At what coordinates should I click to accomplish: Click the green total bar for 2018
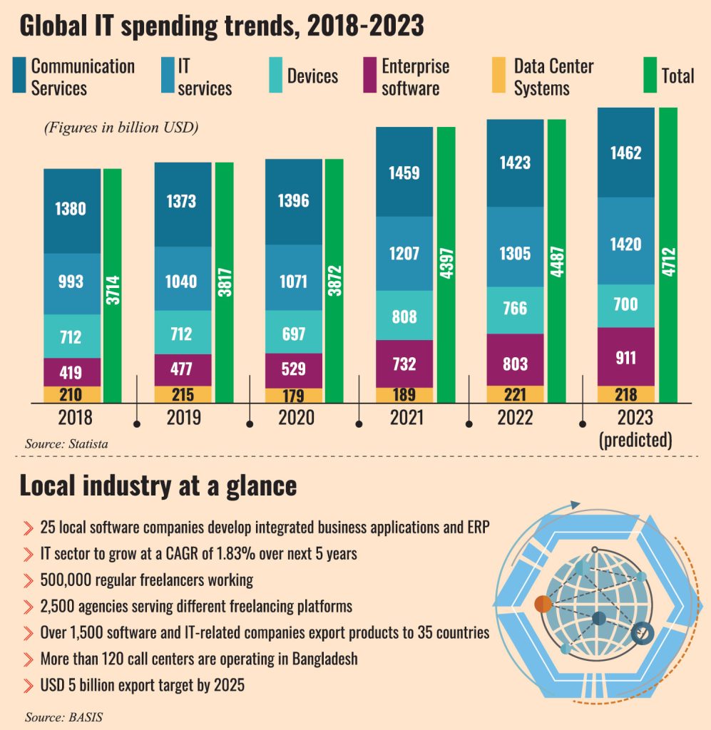pyautogui.click(x=112, y=285)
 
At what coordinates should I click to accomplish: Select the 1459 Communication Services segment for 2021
pyautogui.click(x=404, y=172)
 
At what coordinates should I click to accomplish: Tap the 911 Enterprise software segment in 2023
pyautogui.click(x=625, y=356)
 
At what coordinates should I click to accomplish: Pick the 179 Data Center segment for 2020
pyautogui.click(x=293, y=396)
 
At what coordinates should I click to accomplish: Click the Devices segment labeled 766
pyautogui.click(x=515, y=308)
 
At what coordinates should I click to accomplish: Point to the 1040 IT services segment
pyautogui.click(x=183, y=281)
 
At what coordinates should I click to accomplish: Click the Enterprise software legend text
pyautogui.click(x=415, y=77)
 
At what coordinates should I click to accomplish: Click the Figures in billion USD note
pyautogui.click(x=121, y=128)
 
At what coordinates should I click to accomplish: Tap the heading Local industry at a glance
pyautogui.click(x=158, y=485)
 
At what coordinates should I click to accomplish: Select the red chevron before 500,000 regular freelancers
pyautogui.click(x=29, y=580)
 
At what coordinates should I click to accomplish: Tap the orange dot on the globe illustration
pyautogui.click(x=543, y=604)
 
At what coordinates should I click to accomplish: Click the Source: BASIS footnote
pyautogui.click(x=63, y=716)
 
